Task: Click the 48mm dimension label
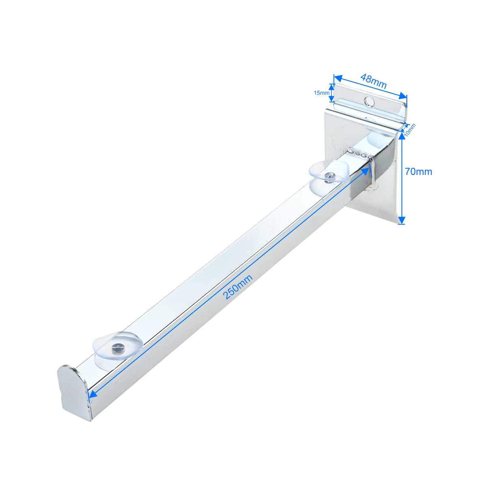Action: [x=373, y=81]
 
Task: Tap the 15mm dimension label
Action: [x=321, y=93]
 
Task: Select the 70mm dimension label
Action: [x=418, y=172]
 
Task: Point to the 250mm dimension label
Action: [x=238, y=287]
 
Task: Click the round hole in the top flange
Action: [x=369, y=101]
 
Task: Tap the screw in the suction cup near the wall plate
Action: [x=330, y=175]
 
